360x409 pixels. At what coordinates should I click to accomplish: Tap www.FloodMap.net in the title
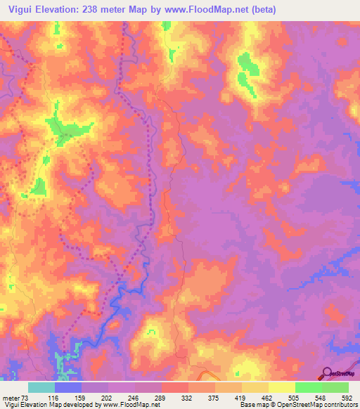pyautogui.click(x=205, y=9)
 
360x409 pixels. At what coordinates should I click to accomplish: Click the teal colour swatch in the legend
pyautogui.click(x=41, y=387)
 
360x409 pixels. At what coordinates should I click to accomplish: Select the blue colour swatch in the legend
pyautogui.click(x=68, y=387)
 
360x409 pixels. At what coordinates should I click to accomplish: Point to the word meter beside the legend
pyautogui.click(x=11, y=397)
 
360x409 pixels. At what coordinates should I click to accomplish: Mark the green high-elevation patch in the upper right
pyautogui.click(x=247, y=70)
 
